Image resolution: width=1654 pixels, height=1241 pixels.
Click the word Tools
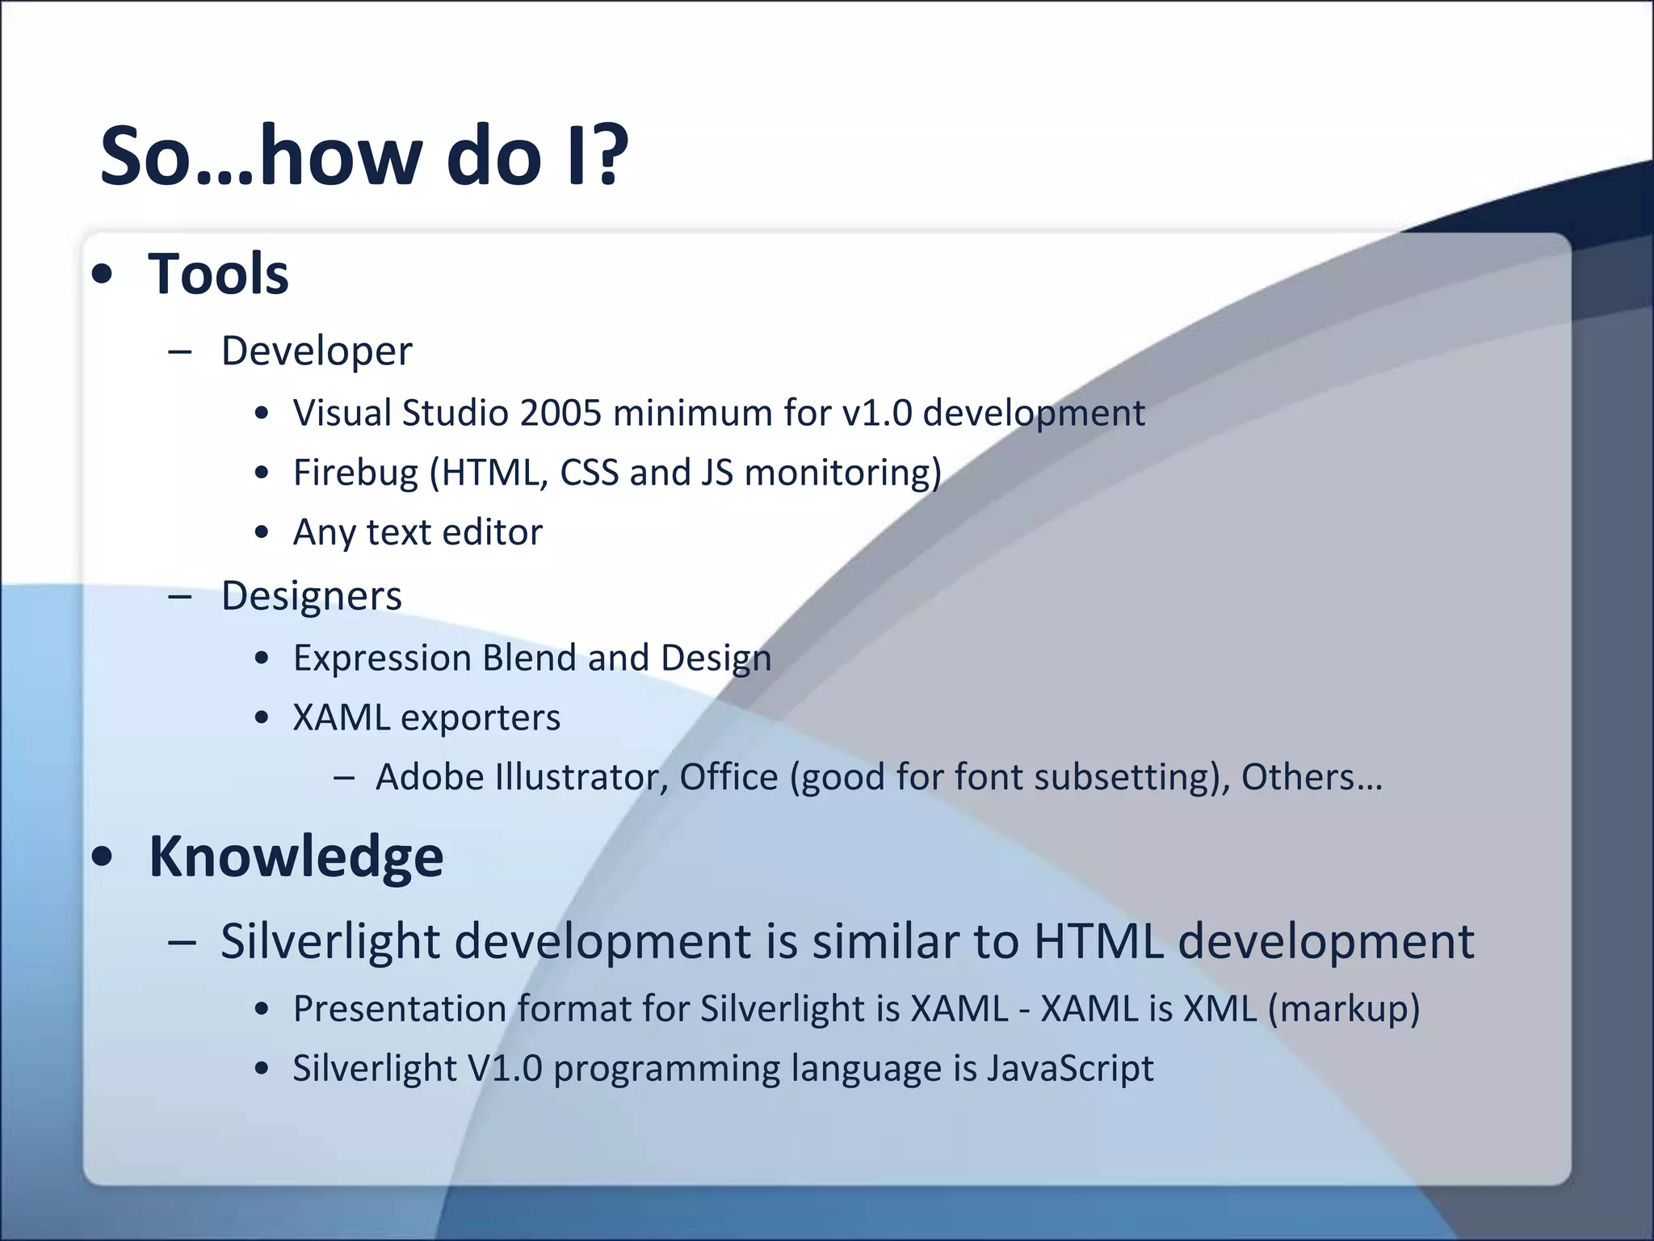(x=218, y=274)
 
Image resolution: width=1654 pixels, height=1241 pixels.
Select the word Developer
(x=317, y=351)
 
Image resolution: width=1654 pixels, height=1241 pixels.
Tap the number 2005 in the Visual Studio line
(x=560, y=413)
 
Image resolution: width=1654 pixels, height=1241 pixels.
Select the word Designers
(x=311, y=596)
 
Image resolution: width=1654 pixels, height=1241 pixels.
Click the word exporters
(x=481, y=717)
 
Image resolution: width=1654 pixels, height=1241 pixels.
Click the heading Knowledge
(x=296, y=856)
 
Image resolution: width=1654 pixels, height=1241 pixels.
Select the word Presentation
(x=399, y=1008)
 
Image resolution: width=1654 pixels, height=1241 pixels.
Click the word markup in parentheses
(x=1344, y=1008)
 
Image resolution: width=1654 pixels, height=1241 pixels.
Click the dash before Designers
(x=180, y=596)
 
